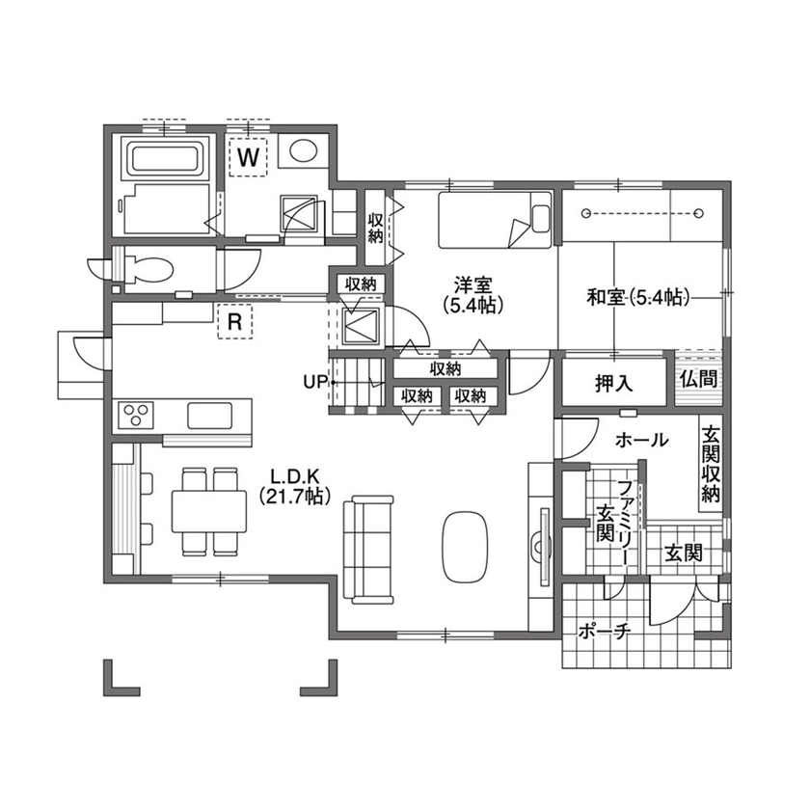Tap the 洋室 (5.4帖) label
(x=473, y=294)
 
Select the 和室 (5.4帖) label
(x=637, y=298)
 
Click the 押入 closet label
(x=613, y=384)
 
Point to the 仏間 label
(x=697, y=378)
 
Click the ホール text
(x=640, y=440)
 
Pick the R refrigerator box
(x=234, y=323)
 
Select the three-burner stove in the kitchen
(x=135, y=417)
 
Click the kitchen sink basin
(x=210, y=417)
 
